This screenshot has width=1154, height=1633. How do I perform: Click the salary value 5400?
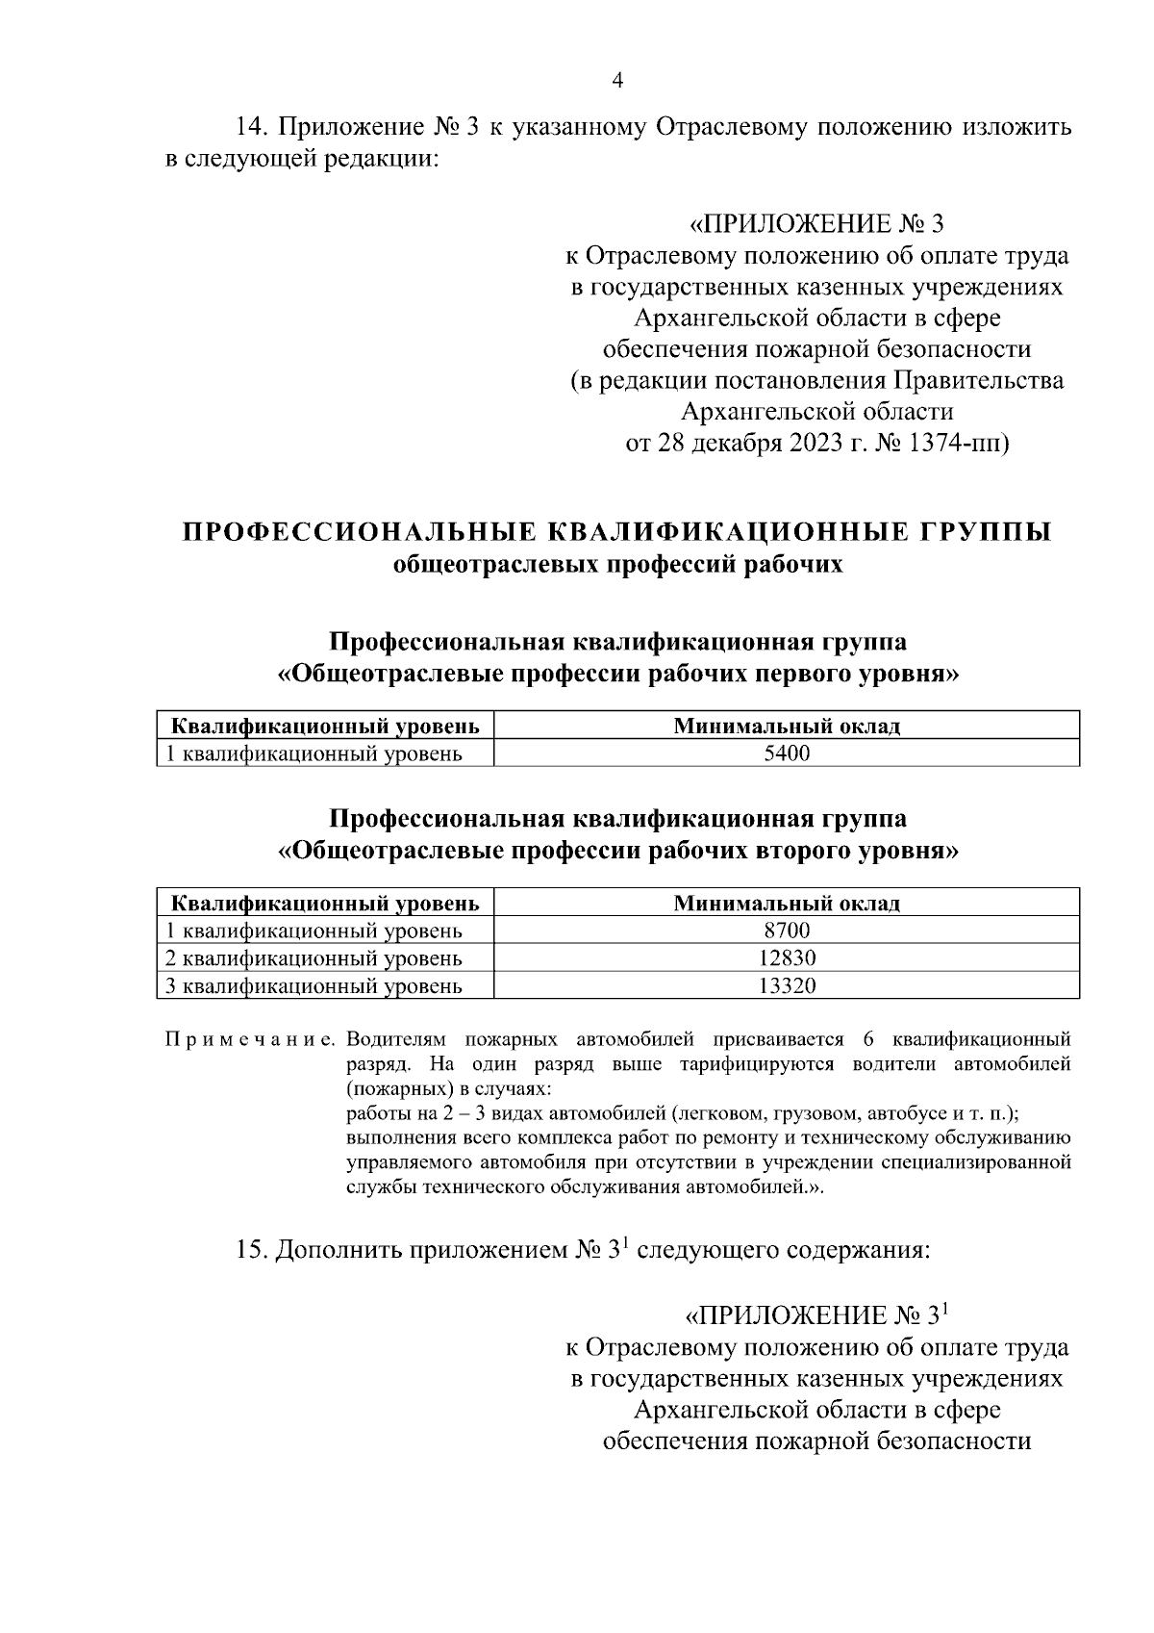point(787,753)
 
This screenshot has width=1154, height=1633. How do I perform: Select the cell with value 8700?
point(787,931)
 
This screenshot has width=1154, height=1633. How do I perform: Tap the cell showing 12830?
point(787,958)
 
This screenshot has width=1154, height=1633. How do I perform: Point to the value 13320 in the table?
point(787,985)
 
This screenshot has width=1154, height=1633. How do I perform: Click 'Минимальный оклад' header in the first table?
point(787,726)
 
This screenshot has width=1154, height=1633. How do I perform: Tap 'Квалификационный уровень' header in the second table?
point(325,903)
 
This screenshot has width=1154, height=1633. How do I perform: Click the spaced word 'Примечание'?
point(249,1040)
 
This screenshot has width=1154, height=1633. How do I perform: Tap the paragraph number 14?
point(253,127)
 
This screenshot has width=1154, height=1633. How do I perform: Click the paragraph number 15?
point(253,1251)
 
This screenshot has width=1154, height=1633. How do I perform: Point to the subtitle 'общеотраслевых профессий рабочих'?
point(617,564)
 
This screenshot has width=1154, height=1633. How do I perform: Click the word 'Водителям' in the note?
point(393,1040)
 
